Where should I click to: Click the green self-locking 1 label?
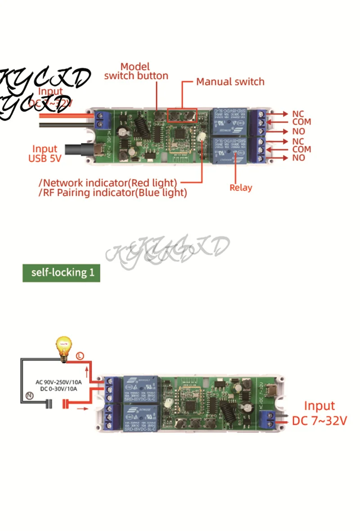point(61,272)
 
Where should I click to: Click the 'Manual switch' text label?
point(230,82)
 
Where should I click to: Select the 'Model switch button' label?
point(136,71)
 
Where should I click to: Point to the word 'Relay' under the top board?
point(241,187)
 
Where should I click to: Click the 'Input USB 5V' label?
point(45,153)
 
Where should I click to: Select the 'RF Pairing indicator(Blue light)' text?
point(112,193)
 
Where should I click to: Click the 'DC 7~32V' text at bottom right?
point(319,421)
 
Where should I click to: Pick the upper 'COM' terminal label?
point(301,122)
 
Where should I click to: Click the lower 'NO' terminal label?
point(298,158)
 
